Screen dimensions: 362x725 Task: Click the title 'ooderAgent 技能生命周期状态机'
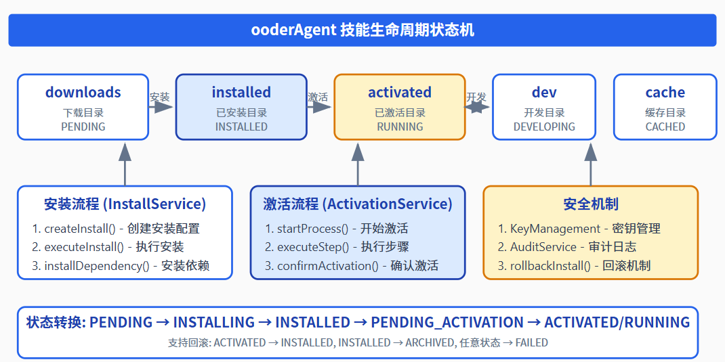362,30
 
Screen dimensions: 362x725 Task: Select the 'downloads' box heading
83,93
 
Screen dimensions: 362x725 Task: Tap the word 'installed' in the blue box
241,93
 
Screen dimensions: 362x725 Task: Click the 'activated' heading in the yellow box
400,93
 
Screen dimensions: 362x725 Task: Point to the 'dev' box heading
544,93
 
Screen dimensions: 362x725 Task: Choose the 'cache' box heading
665,93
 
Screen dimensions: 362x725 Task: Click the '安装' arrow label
160,97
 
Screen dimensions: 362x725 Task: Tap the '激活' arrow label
318,97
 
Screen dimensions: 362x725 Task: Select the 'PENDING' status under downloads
83,127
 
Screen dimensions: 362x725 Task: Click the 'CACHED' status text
665,127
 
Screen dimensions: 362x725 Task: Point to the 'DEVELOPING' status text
544,127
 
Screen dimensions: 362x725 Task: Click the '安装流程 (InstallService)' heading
125,204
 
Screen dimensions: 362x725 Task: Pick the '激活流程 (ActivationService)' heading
358,204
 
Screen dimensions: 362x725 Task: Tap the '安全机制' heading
591,204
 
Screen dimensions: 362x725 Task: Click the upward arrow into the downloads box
125,163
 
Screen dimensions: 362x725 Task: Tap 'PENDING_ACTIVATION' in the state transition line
447,323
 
